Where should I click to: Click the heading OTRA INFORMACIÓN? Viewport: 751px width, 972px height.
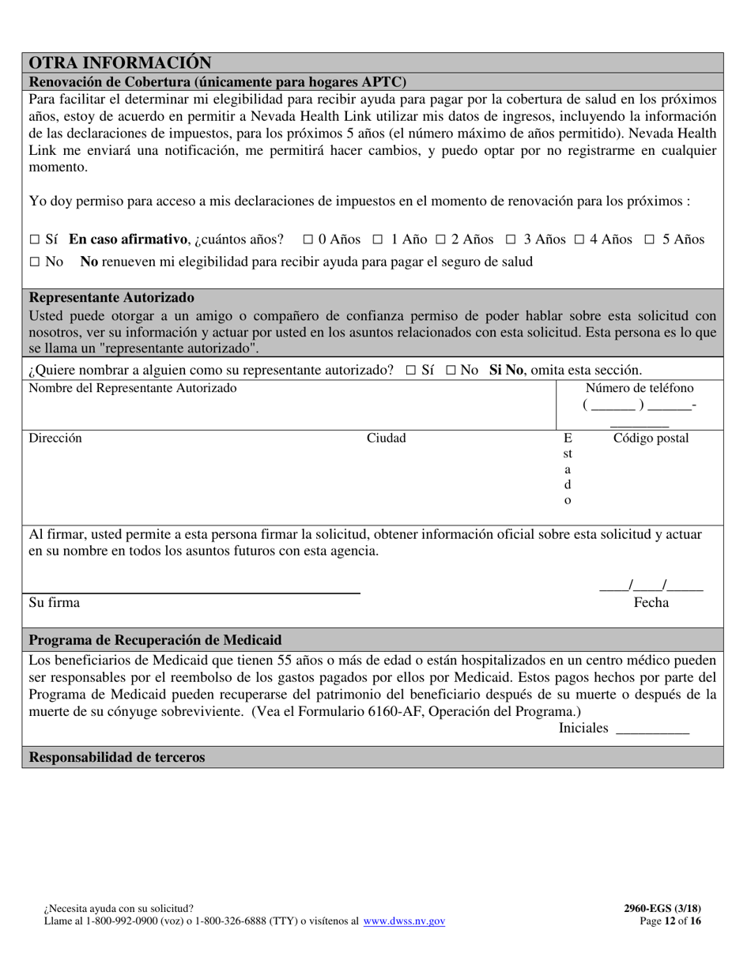point(120,62)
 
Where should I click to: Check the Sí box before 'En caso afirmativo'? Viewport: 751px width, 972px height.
point(34,239)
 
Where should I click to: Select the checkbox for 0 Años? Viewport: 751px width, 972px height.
point(308,239)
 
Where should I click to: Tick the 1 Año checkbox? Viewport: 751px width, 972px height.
point(378,239)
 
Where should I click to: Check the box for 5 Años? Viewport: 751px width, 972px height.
point(650,239)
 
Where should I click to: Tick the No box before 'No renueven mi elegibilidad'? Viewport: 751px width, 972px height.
point(34,262)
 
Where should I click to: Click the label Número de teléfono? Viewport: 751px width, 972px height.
point(639,388)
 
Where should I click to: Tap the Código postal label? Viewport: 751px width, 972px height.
point(651,438)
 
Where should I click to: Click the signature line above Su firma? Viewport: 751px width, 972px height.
point(194,592)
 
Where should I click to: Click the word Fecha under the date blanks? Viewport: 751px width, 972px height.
point(651,603)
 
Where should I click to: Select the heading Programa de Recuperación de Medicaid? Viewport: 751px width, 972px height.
point(155,639)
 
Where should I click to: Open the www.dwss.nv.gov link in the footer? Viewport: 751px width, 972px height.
point(404,921)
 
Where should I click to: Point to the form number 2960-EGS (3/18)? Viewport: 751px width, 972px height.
point(662,909)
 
